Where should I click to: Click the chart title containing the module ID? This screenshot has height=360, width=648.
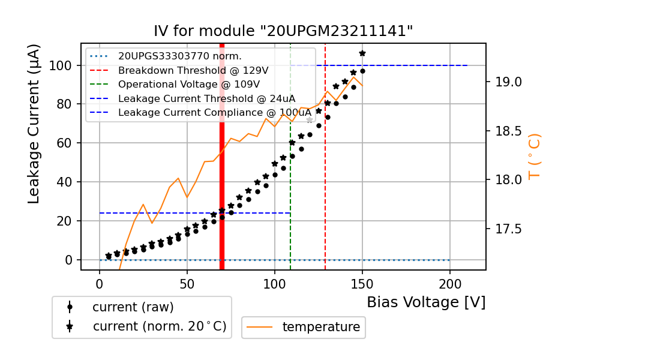coord(283,31)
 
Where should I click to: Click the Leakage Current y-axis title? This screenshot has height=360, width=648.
coord(34,124)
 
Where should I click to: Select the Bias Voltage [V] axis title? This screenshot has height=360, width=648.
coord(426,302)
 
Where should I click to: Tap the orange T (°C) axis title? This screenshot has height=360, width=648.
coord(535,156)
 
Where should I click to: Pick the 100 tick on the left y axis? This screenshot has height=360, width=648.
coord(61,65)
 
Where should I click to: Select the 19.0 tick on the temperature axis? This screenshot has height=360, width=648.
coord(507,82)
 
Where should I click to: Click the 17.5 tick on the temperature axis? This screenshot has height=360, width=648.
coord(507,229)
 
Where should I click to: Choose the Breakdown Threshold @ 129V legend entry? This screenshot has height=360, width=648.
coord(193,70)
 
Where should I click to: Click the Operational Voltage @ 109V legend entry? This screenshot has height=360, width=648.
coord(188,85)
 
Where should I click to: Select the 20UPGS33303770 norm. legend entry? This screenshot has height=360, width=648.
coord(179,56)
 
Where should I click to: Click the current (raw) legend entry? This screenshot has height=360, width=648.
coord(133,307)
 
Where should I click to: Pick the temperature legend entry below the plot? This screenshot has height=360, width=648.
coord(321,327)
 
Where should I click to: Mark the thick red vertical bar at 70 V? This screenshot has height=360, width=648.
coord(222,180)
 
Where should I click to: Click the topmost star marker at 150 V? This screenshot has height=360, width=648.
coord(362,53)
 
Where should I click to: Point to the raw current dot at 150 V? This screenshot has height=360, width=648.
coord(362,71)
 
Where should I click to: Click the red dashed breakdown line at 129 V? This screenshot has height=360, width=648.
coord(325,180)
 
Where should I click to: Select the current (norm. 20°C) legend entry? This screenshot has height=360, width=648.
coord(159,326)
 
